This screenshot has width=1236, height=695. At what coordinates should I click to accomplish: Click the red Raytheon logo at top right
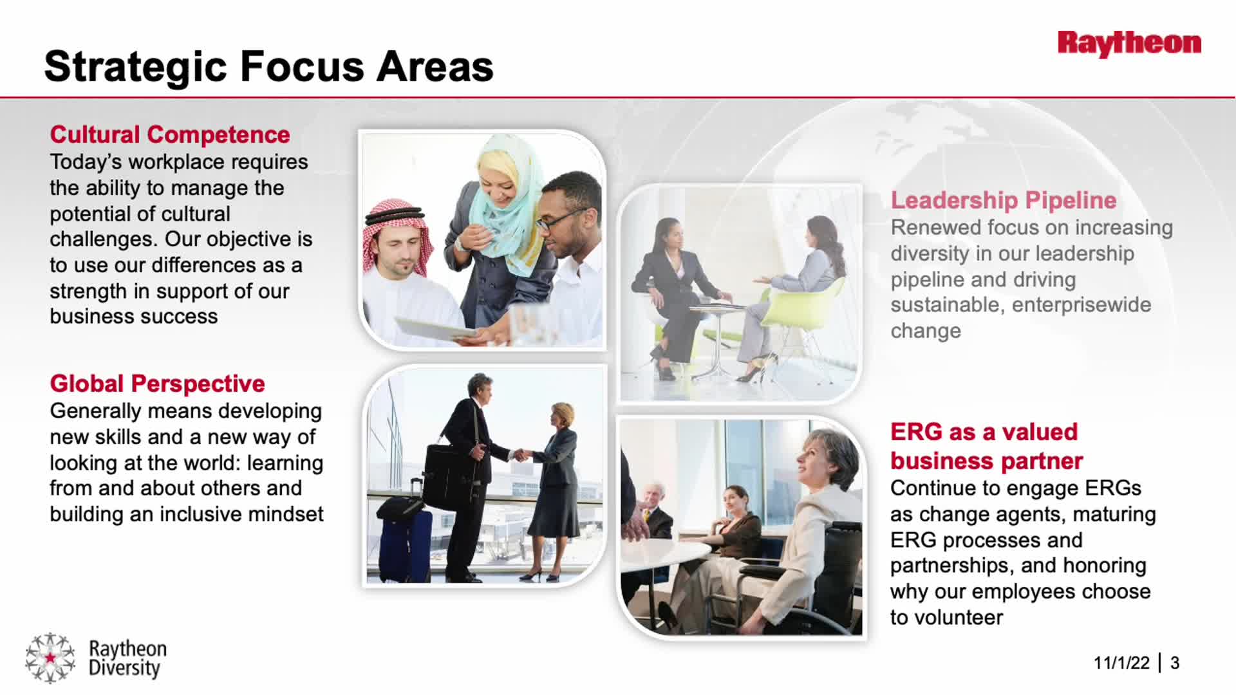coord(1129,44)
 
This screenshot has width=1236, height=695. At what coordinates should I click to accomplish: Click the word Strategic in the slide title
coord(136,67)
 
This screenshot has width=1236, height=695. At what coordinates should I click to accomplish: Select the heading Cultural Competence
coord(170,134)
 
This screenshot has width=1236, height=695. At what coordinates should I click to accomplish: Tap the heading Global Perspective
coord(157,384)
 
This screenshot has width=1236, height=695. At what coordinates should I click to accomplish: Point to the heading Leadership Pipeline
coord(1004,200)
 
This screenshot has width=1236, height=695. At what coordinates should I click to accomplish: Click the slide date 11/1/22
coord(1121,663)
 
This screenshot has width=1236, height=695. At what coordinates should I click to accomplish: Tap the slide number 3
coord(1175,663)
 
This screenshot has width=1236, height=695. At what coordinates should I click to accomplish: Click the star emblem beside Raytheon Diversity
coord(50,657)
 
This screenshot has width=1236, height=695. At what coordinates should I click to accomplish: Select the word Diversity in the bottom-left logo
coord(124,669)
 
